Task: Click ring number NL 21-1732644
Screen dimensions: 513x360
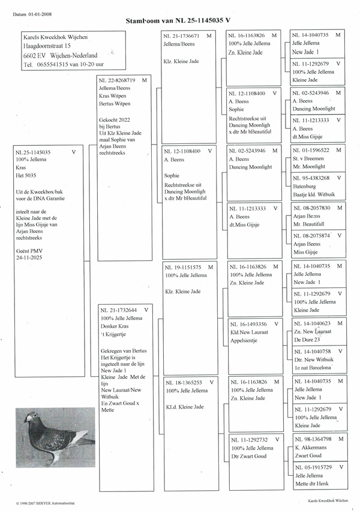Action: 121,310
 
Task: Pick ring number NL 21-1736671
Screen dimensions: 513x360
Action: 182,36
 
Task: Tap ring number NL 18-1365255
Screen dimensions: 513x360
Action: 184,382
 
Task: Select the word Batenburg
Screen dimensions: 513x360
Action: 305,187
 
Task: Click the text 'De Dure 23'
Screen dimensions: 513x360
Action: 308,340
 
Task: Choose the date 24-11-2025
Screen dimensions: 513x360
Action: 30,256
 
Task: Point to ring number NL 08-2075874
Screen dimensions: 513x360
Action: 312,236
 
